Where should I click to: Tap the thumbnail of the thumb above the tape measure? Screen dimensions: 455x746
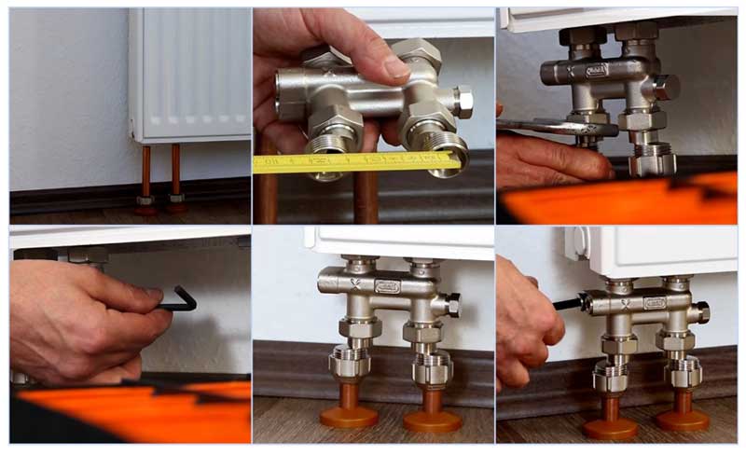point(395,66)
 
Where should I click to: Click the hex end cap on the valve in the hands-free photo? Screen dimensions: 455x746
point(451,305)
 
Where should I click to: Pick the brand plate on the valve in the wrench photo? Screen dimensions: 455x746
point(597,70)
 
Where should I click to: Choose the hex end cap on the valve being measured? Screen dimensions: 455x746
point(463,101)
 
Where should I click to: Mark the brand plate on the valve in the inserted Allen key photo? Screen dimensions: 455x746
point(655,302)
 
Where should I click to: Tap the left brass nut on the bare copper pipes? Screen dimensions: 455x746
point(146,200)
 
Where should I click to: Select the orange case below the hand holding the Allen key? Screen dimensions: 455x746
point(131,411)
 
